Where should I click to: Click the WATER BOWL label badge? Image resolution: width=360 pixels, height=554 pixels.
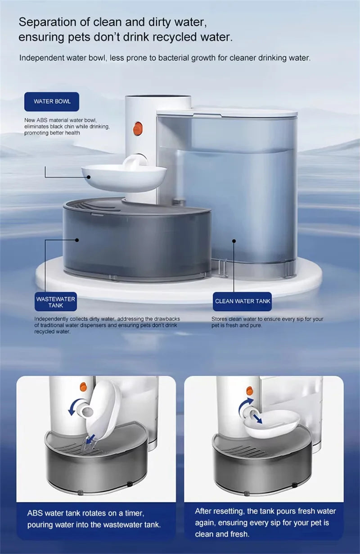(x=51, y=101)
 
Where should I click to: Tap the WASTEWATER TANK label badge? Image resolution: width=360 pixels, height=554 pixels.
(x=56, y=302)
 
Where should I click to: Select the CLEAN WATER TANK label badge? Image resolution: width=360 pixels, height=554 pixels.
(x=243, y=301)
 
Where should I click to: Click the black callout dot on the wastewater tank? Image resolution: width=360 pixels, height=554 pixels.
(x=77, y=241)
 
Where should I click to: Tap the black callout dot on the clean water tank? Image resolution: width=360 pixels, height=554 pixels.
(x=234, y=241)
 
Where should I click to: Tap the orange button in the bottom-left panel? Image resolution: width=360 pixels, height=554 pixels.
(x=83, y=387)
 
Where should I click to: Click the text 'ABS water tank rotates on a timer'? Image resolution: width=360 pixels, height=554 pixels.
(x=85, y=513)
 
